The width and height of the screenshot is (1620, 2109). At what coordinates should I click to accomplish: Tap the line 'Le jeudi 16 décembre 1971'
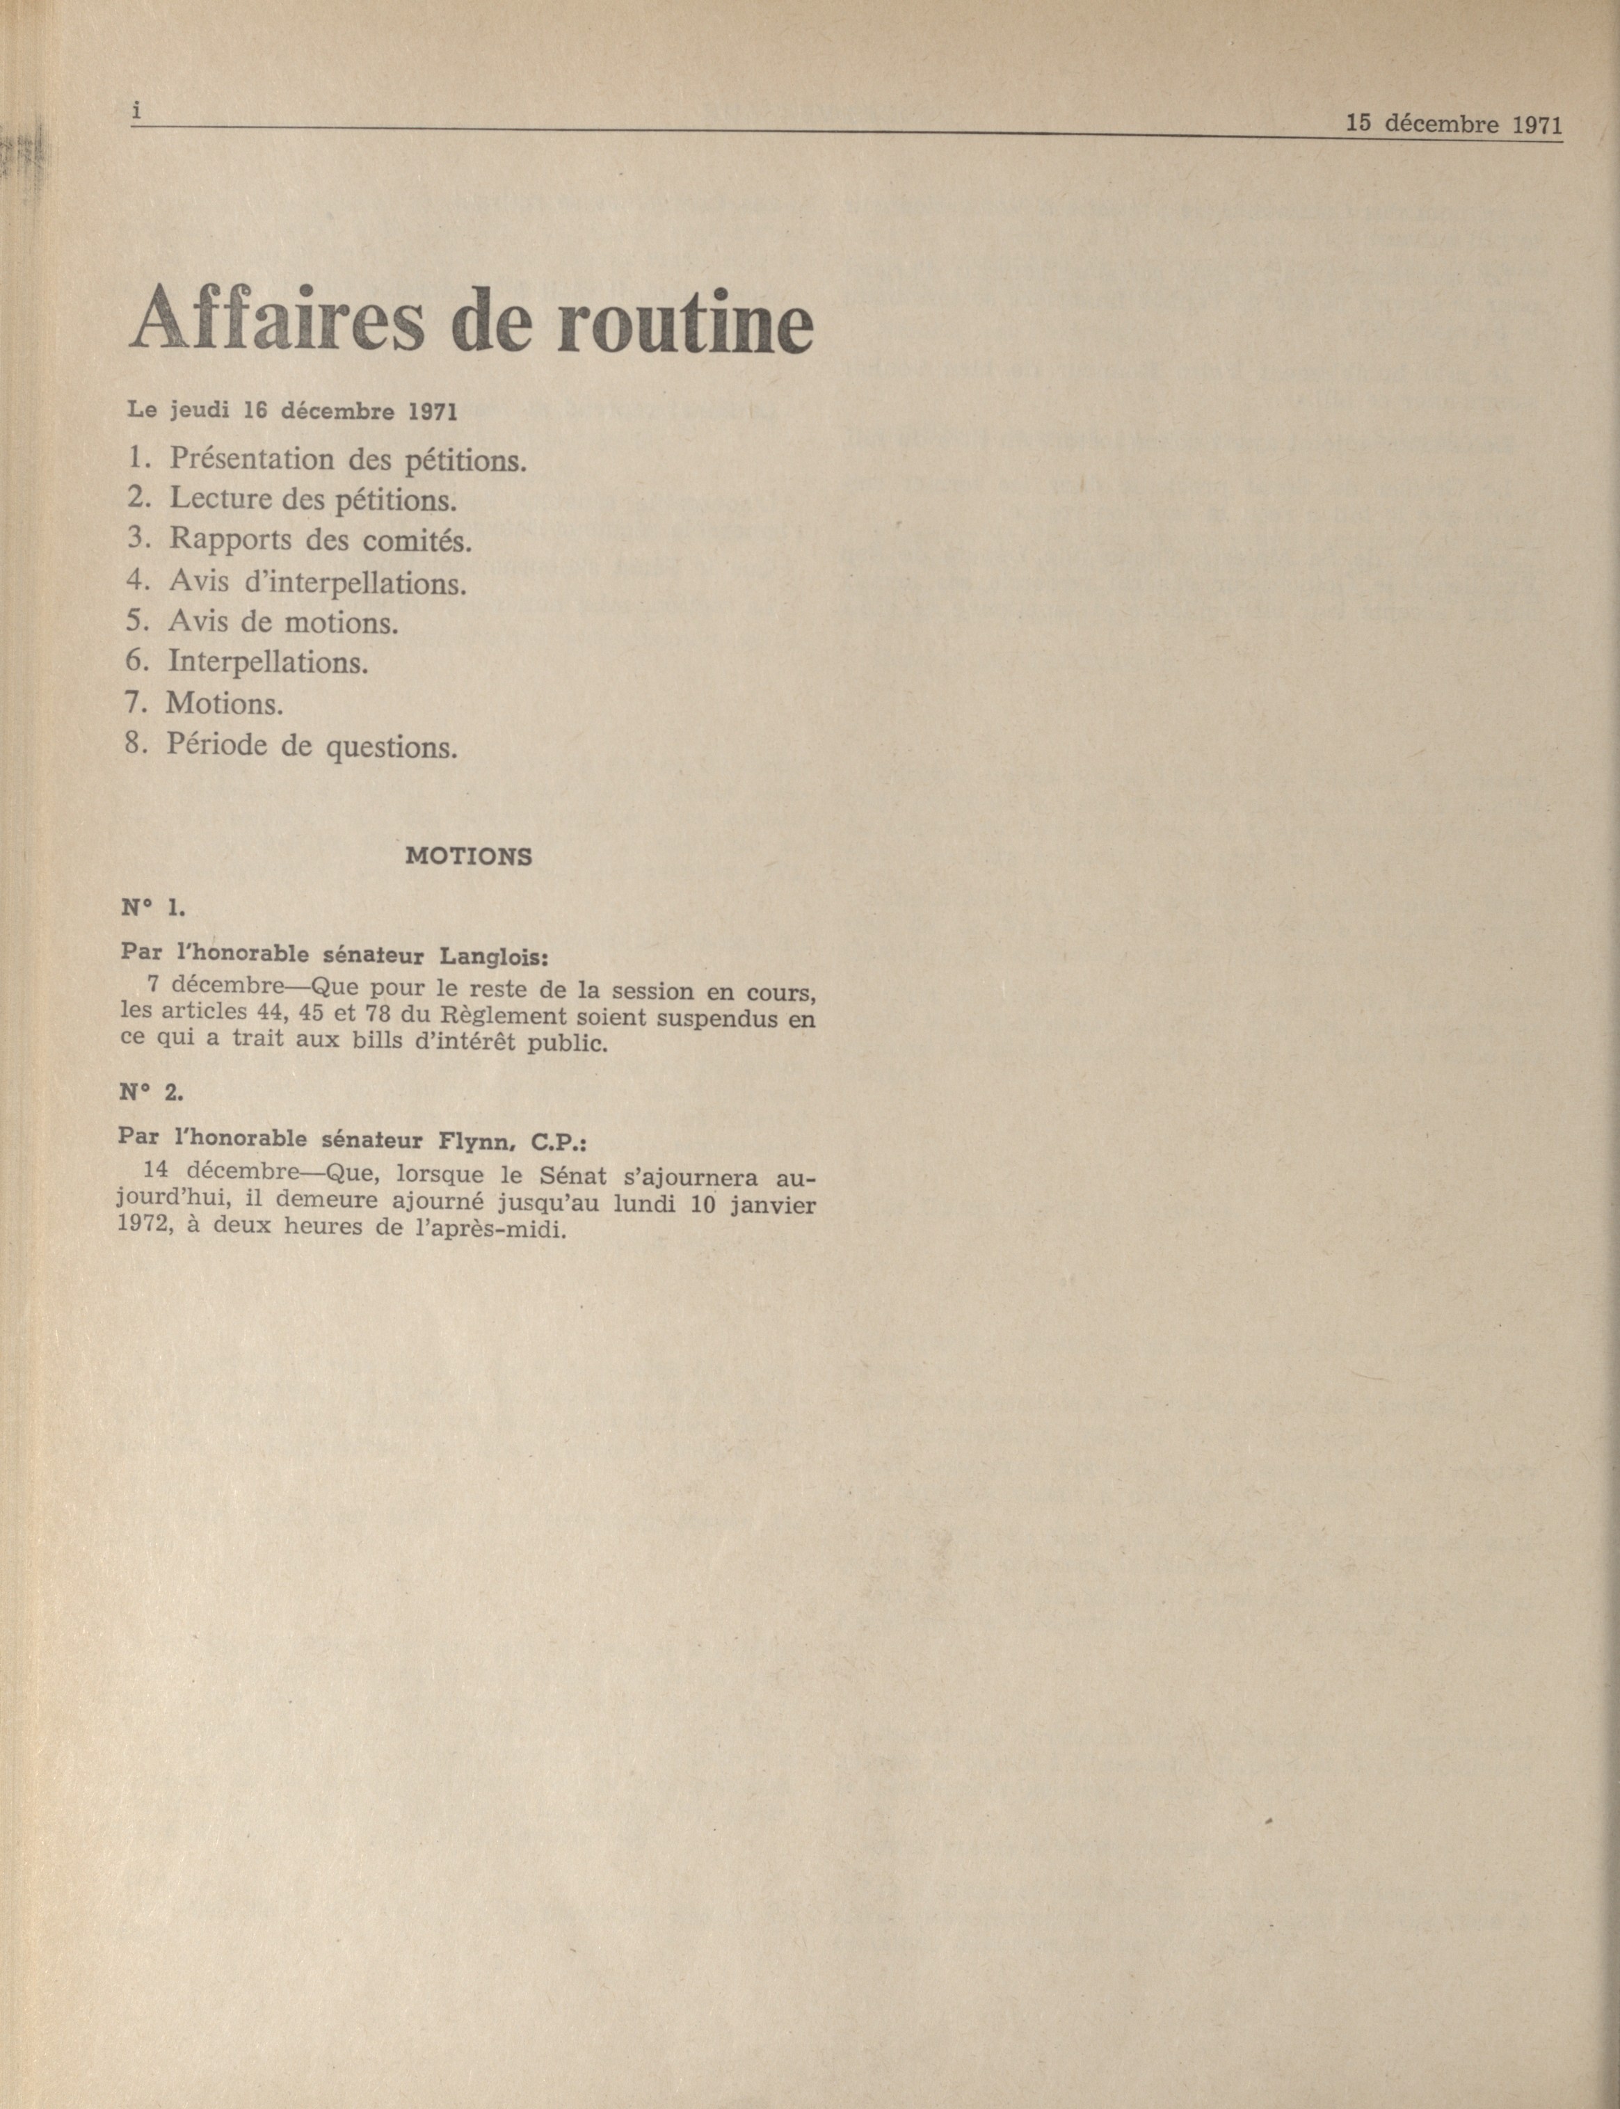click(x=291, y=411)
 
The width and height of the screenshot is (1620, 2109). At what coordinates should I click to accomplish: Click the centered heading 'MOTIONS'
click(x=469, y=856)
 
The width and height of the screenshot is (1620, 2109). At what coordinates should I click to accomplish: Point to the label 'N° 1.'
click(x=152, y=908)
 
